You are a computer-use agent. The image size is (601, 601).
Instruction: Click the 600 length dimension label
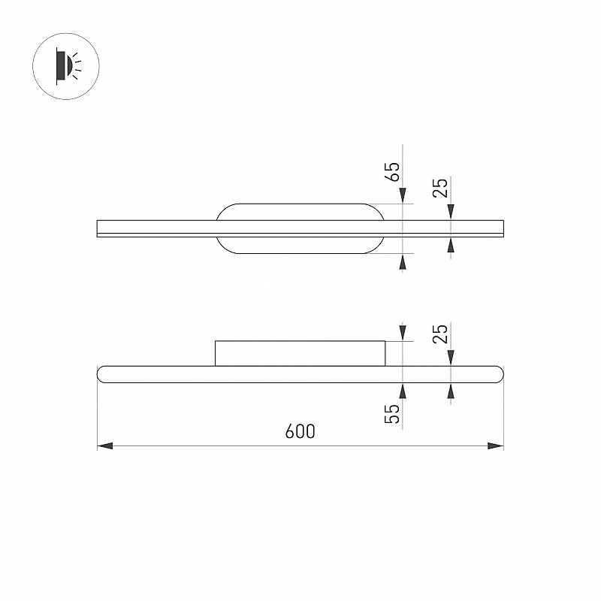(x=300, y=431)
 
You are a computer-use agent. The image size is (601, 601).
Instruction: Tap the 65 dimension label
(x=392, y=171)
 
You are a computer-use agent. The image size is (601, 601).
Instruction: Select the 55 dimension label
(x=392, y=414)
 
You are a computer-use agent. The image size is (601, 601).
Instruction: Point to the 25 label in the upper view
(x=440, y=188)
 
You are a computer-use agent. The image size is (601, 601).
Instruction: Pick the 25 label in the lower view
(x=440, y=334)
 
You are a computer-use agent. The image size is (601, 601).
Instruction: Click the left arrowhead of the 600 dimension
(x=105, y=445)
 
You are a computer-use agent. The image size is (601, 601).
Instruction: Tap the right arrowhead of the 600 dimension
(x=496, y=445)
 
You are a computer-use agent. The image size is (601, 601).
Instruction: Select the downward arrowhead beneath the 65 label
(x=403, y=195)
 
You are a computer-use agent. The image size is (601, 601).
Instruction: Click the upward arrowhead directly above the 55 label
(x=403, y=391)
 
